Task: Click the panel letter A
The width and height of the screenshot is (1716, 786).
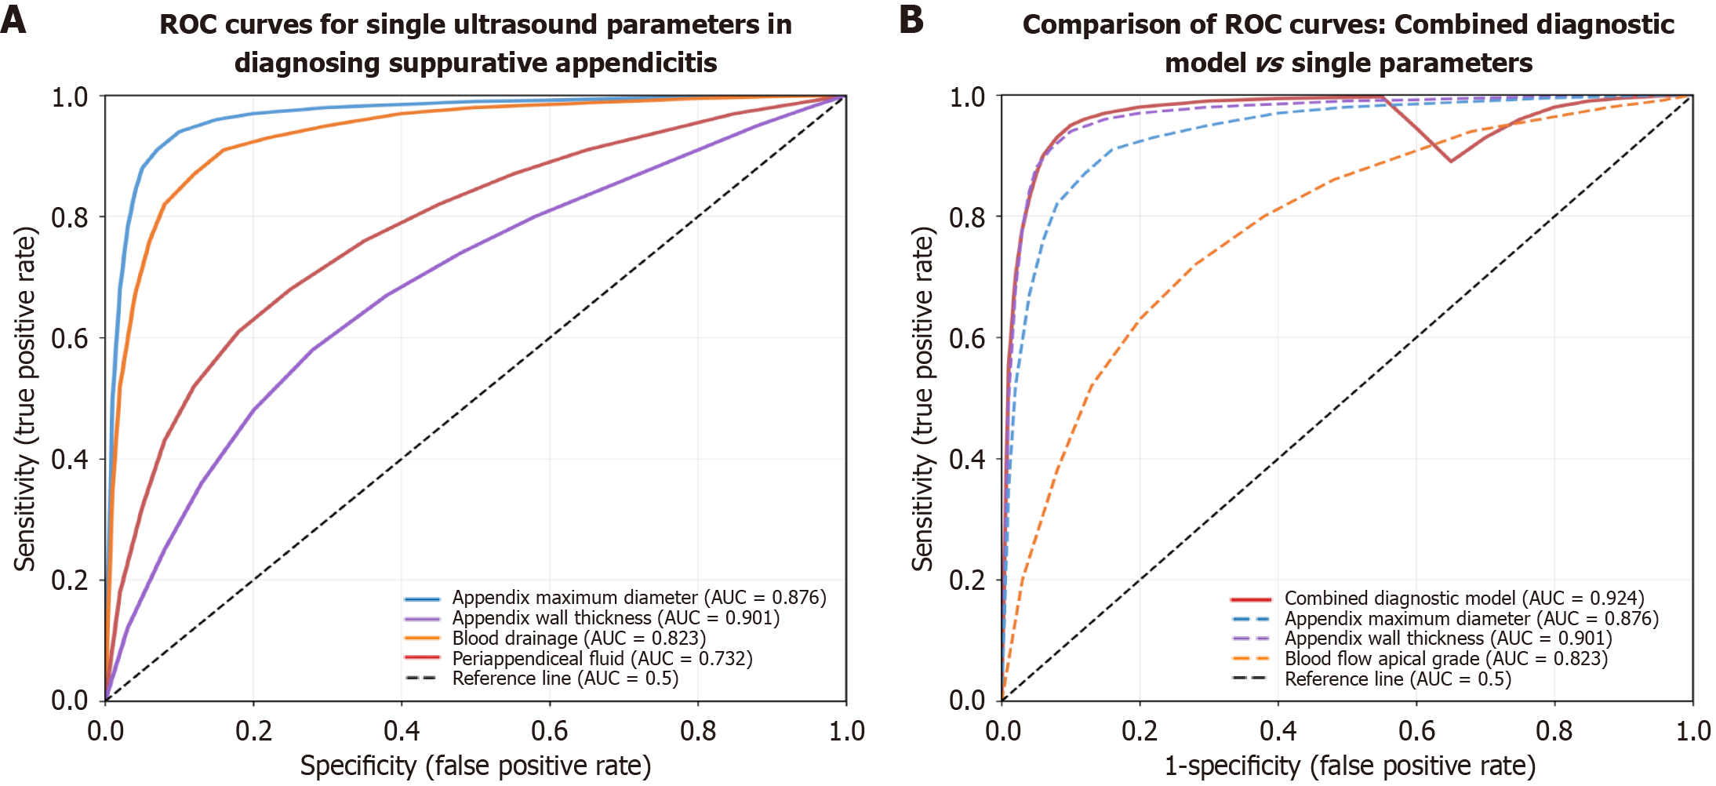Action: click(x=13, y=20)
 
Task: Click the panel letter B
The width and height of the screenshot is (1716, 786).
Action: click(x=911, y=20)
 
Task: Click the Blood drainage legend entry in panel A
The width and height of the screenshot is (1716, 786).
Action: click(x=578, y=638)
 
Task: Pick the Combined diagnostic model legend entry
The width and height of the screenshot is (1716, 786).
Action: click(x=1463, y=599)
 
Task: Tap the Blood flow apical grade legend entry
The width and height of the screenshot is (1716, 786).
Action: click(x=1445, y=658)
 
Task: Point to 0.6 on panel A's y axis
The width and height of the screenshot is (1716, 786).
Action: click(x=69, y=338)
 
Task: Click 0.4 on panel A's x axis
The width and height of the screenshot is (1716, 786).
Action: click(x=402, y=731)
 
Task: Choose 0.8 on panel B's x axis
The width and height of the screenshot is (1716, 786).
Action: click(x=1554, y=731)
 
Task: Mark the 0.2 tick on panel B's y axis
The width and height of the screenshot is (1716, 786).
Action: click(x=967, y=580)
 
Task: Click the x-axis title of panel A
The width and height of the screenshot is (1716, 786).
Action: click(x=475, y=766)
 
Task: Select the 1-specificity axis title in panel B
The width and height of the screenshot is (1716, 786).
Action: click(x=1349, y=766)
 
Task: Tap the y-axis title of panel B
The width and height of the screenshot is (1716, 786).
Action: click(x=923, y=398)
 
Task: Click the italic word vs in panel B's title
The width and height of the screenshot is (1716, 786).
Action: click(x=1268, y=62)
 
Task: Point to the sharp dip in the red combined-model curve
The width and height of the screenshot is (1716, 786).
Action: click(x=1451, y=161)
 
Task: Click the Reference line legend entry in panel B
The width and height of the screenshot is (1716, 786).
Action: click(x=1397, y=679)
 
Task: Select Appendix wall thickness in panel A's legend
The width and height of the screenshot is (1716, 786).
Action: click(x=615, y=618)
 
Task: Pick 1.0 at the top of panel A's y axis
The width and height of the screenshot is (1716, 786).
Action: click(x=69, y=97)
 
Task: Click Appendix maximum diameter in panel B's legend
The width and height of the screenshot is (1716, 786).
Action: click(x=1471, y=618)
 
